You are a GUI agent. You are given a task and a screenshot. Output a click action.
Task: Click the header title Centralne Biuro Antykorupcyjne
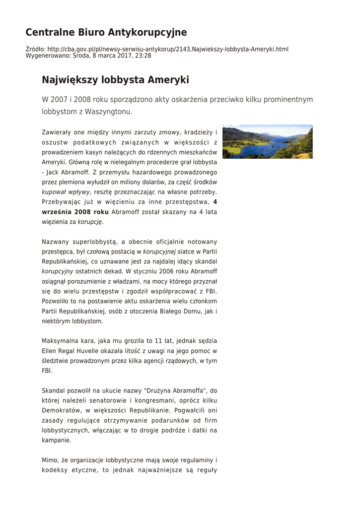[106, 33]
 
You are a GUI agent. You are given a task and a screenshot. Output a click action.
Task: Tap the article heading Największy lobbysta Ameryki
[115, 80]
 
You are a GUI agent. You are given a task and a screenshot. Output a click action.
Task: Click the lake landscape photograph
[267, 141]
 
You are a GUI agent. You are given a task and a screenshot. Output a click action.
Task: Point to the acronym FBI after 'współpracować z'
[212, 291]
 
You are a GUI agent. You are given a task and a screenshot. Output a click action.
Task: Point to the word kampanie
[56, 440]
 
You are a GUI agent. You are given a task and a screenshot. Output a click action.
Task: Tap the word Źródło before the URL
[35, 49]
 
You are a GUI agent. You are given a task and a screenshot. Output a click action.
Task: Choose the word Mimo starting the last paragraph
[51, 460]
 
